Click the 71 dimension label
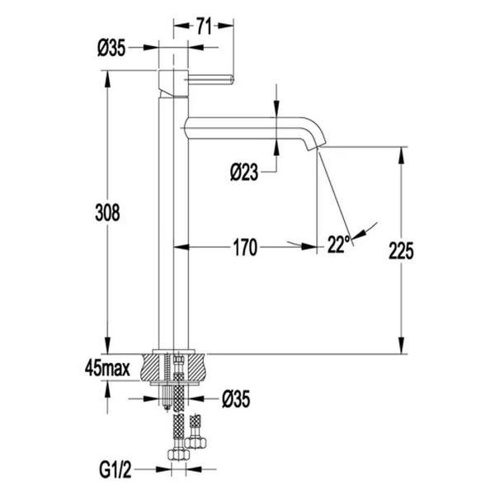203,26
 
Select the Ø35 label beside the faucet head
111,49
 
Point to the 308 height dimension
106,212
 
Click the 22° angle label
338,243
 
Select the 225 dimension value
402,249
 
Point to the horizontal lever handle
212,80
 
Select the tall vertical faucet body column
172,223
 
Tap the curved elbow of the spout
315,130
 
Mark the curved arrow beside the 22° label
367,229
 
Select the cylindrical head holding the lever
172,82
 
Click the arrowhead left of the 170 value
196,246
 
